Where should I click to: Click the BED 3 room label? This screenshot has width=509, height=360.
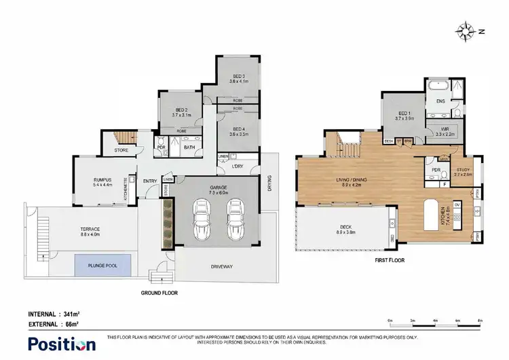point(236,78)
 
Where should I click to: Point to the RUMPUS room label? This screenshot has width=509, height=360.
point(102,182)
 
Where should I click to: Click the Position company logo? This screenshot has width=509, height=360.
point(61,344)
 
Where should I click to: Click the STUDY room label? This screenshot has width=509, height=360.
point(464,172)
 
